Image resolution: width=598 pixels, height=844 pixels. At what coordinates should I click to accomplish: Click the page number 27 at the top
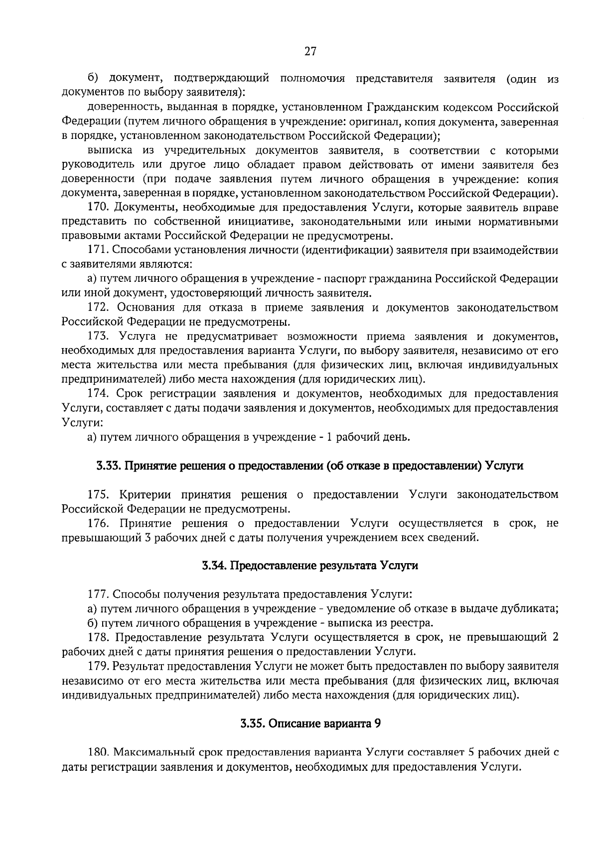point(310,51)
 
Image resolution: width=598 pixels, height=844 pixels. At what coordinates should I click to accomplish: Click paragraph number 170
point(98,207)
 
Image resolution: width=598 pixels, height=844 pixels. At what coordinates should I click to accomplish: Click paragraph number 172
point(98,308)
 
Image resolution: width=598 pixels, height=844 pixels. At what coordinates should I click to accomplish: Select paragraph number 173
point(98,337)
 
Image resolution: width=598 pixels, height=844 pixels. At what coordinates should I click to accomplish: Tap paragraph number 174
point(98,394)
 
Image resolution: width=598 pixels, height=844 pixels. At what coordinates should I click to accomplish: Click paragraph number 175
point(98,495)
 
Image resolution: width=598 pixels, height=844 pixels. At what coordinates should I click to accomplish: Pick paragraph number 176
point(98,524)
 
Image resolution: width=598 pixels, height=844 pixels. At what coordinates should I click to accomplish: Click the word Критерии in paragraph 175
point(146,495)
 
